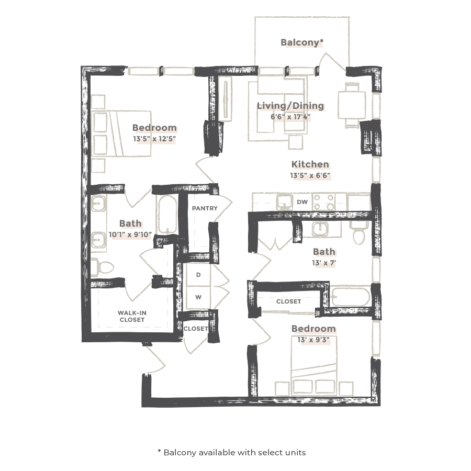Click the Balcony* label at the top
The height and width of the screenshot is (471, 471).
click(x=301, y=42)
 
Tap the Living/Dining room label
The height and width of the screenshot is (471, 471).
click(x=290, y=106)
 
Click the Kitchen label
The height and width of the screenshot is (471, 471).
click(x=310, y=164)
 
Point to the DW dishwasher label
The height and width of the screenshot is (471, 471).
click(x=302, y=201)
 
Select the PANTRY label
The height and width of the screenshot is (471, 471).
click(x=204, y=208)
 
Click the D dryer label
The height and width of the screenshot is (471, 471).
click(x=198, y=274)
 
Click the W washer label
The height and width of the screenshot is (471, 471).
click(x=198, y=297)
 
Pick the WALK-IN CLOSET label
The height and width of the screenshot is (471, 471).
click(x=132, y=316)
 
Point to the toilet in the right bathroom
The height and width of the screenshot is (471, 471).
click(x=359, y=232)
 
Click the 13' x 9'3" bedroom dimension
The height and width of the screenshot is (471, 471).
click(x=313, y=340)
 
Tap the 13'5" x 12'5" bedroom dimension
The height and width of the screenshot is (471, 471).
click(x=154, y=139)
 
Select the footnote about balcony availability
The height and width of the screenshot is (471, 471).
click(x=231, y=452)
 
